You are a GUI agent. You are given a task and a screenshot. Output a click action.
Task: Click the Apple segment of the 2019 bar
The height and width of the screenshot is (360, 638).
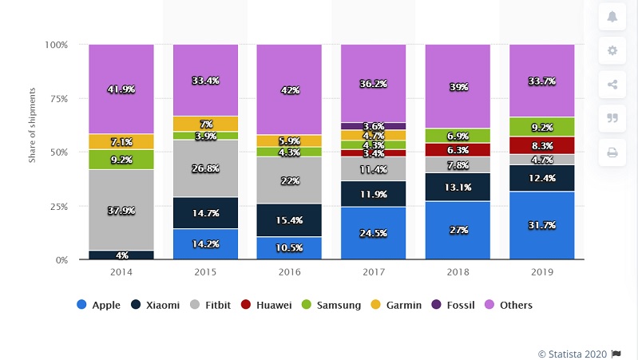tap(541, 226)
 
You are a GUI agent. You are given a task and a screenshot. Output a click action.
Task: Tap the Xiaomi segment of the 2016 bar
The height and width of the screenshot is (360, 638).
tap(289, 220)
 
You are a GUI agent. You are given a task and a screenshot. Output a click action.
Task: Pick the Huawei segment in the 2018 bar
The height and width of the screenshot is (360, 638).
tap(458, 149)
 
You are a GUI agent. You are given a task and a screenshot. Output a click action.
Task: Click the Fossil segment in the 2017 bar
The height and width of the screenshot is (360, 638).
tap(373, 126)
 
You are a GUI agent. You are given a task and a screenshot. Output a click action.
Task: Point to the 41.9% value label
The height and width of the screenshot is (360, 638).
tap(121, 90)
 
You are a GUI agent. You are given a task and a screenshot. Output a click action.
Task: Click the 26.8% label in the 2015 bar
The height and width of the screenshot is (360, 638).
tap(205, 168)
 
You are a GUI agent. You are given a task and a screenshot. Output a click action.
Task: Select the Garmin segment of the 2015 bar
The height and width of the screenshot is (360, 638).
tap(205, 124)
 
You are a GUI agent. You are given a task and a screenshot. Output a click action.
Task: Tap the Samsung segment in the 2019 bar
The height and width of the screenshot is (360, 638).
tap(541, 126)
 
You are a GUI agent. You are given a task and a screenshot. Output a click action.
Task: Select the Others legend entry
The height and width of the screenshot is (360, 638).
tap(510, 305)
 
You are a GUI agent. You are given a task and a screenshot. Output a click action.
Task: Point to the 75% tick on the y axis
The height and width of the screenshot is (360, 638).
tap(57, 99)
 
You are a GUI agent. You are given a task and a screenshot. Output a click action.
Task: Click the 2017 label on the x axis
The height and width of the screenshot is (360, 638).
tap(373, 271)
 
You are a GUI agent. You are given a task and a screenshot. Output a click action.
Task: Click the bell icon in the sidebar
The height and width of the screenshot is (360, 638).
tap(612, 17)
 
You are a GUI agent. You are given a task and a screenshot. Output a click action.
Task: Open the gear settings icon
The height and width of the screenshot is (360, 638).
tap(612, 50)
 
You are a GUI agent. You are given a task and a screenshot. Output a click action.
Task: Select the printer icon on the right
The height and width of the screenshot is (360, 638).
tap(612, 152)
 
